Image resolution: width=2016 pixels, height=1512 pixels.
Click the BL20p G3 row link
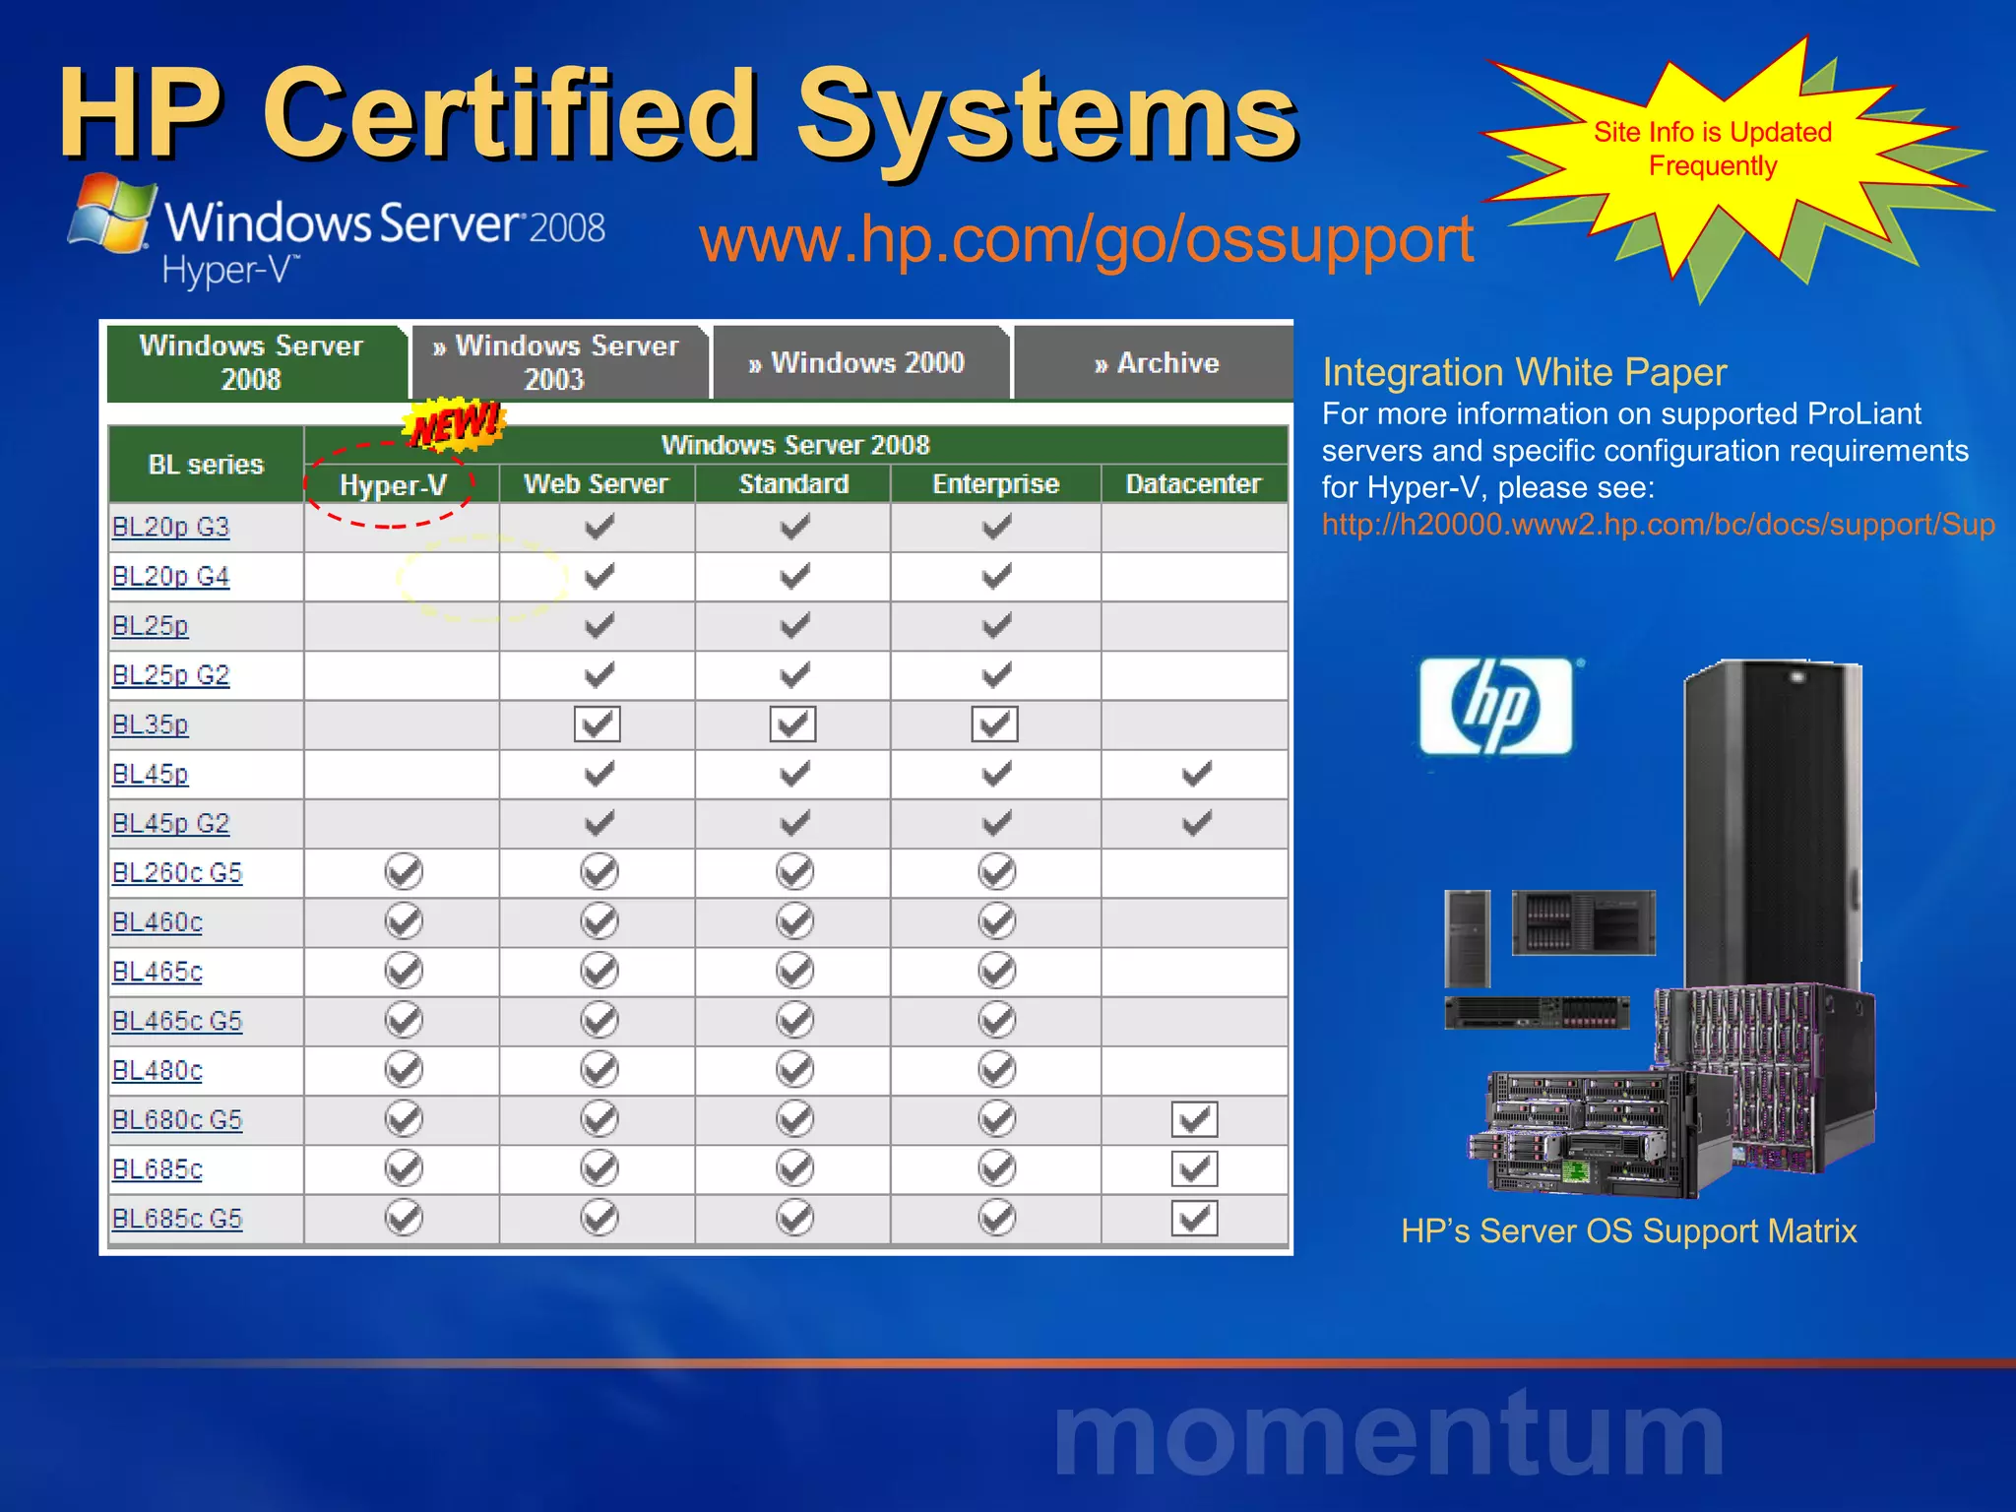170,528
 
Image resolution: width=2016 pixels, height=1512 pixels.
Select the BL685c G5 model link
177,1219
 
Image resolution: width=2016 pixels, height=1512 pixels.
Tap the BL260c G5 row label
177,873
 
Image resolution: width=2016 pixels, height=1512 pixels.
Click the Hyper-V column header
393,484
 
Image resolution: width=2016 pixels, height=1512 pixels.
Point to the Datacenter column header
1193,484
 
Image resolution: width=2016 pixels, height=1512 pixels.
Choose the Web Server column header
597,484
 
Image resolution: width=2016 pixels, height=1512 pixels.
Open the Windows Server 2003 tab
557,362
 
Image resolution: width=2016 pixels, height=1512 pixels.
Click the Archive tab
1157,363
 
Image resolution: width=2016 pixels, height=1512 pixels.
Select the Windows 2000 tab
857,363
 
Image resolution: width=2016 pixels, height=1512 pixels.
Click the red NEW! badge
455,425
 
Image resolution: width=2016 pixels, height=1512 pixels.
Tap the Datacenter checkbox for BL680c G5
1195,1119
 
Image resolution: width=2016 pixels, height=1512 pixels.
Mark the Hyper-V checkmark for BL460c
404,921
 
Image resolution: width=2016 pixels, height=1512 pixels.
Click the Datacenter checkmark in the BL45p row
1196,774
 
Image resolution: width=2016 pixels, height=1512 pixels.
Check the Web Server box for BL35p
598,724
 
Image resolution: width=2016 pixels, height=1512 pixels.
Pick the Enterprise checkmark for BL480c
997,1069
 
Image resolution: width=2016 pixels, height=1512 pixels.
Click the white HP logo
1496,707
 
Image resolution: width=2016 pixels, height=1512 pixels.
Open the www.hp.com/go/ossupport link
1086,239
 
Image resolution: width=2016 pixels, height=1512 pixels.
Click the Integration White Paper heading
1524,373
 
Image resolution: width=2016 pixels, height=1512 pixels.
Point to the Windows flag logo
111,214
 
